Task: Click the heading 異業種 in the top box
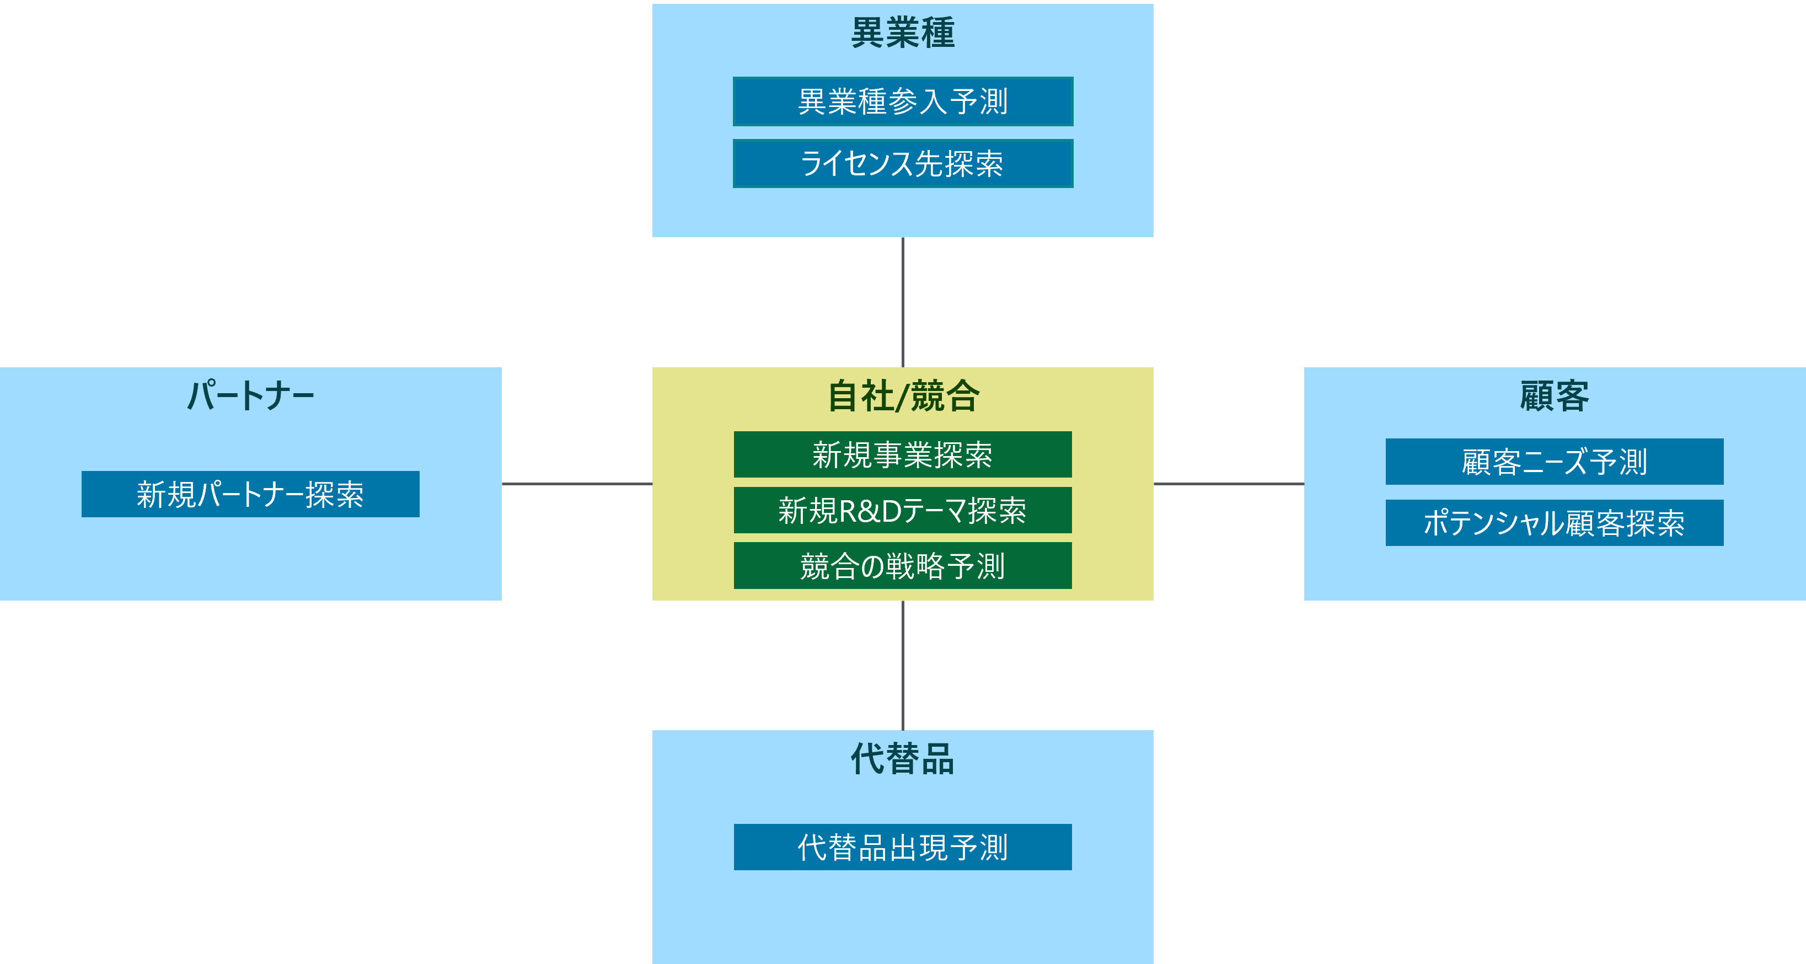(902, 33)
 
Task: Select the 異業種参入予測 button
(902, 101)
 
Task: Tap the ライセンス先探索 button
(902, 163)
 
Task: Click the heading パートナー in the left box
(250, 395)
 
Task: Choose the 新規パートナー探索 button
(250, 494)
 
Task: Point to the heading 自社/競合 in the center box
(902, 396)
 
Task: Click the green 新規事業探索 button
(902, 454)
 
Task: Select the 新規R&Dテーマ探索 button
(902, 510)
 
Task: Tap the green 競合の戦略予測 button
(902, 566)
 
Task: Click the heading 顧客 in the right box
(1555, 396)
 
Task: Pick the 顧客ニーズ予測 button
(1555, 461)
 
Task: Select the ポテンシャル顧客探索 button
(1555, 523)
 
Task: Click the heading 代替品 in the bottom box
(902, 759)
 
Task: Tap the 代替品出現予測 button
(902, 847)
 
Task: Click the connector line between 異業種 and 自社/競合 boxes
(902, 302)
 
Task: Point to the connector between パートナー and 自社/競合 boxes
(577, 484)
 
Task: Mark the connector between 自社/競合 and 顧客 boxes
(1228, 484)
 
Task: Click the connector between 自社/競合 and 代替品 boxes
(902, 665)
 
